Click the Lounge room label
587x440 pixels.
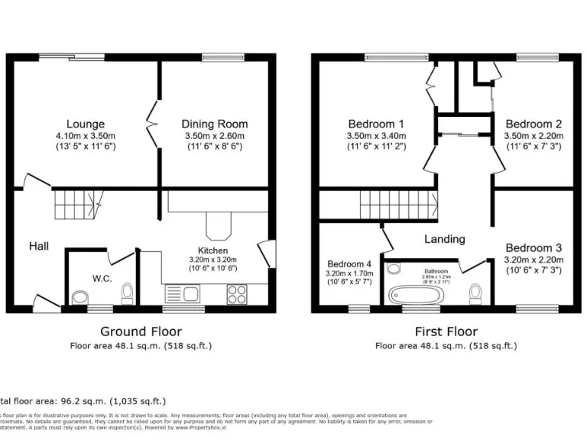(86, 124)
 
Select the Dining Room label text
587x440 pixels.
(214, 124)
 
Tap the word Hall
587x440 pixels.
(39, 246)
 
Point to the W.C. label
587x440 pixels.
(102, 278)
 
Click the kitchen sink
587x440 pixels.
(182, 293)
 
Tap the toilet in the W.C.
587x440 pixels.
(127, 291)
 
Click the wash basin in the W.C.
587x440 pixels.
(79, 296)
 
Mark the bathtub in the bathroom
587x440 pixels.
(415, 294)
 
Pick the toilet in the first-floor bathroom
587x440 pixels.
(475, 292)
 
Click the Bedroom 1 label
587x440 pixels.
(376, 124)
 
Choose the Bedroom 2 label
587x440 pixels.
(533, 124)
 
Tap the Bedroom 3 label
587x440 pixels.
(533, 248)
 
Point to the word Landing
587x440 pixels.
(444, 239)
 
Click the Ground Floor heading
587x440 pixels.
(141, 332)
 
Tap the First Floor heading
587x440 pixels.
(446, 332)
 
